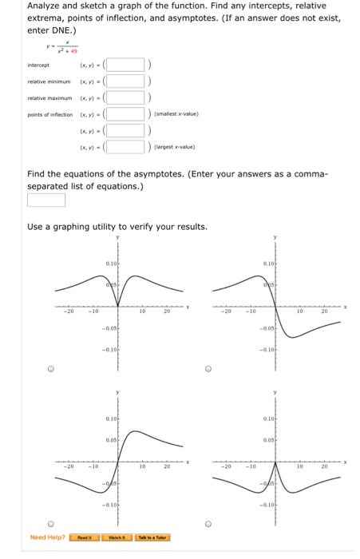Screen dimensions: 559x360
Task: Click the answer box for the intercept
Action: click(x=125, y=65)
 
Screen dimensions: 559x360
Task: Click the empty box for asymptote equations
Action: click(x=46, y=200)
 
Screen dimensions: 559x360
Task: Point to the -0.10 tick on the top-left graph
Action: click(x=109, y=349)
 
